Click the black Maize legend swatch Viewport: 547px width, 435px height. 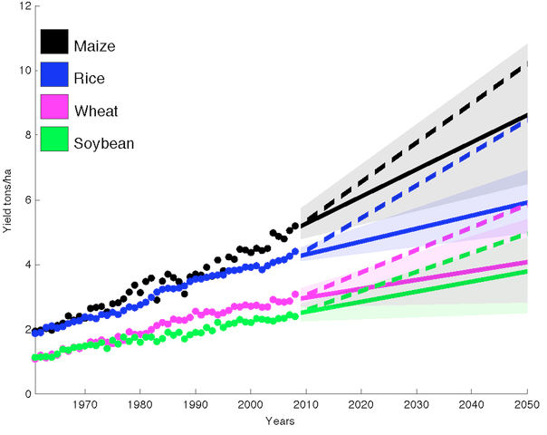click(53, 42)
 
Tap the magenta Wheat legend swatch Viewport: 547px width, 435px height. click(53, 110)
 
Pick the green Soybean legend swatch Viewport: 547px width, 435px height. click(53, 142)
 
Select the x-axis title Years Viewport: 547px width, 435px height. click(279, 421)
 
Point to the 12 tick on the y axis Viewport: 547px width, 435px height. click(23, 6)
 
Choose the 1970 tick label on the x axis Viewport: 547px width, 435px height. click(85, 406)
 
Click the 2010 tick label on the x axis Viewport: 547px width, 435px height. click(306, 406)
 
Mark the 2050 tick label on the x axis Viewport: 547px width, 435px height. click(527, 406)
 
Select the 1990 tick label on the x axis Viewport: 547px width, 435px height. click(196, 406)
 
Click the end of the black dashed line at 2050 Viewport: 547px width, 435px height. click(526, 63)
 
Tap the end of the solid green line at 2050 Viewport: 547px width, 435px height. click(527, 271)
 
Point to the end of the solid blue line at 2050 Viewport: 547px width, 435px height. click(527, 202)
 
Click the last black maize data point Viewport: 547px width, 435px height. click(295, 225)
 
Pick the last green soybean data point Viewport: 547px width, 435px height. click(295, 316)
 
